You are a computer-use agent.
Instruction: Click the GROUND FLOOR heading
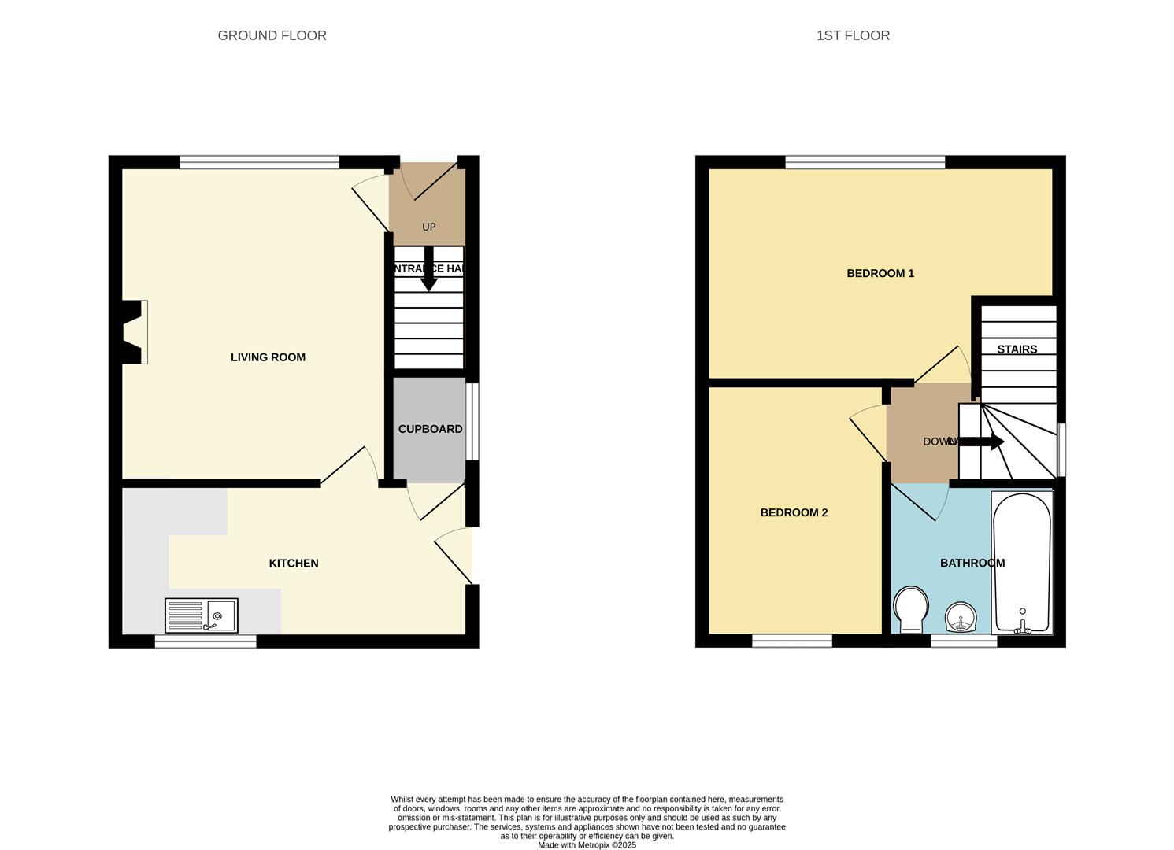272,35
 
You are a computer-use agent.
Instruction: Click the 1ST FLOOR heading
853,35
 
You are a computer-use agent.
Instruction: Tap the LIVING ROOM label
268,357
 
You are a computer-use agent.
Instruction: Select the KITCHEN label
294,564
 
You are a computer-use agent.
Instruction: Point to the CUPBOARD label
430,429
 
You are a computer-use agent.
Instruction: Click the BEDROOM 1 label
880,274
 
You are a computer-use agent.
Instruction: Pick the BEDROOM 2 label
794,513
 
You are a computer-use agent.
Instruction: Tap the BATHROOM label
972,564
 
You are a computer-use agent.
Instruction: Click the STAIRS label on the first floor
1017,349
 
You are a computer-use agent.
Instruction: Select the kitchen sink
202,615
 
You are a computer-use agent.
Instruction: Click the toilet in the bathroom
911,609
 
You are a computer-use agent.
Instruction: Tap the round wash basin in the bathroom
961,617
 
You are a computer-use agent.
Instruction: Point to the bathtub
1022,562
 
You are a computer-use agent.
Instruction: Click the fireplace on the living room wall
133,332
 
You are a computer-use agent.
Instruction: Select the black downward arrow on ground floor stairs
428,270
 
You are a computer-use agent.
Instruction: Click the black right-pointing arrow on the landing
981,442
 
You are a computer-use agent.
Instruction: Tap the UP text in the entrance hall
428,227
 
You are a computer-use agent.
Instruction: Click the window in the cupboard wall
472,421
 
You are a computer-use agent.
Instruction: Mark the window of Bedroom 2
792,641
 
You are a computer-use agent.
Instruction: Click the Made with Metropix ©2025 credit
587,845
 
